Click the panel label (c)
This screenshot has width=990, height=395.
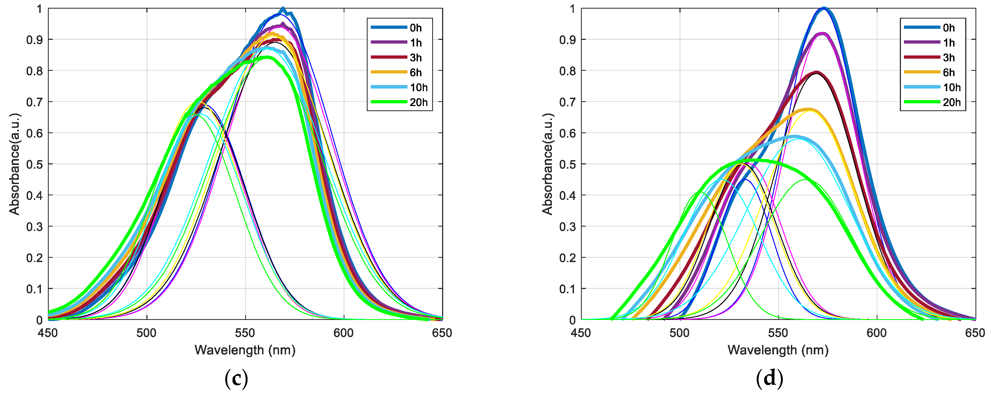[x=236, y=379]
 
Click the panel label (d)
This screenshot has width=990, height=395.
[x=769, y=379]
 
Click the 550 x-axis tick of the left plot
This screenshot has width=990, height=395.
[x=245, y=333]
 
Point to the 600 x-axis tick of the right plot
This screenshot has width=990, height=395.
[x=877, y=333]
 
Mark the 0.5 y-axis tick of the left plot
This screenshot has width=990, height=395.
[x=34, y=164]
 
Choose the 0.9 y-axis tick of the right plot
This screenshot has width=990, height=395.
[x=567, y=40]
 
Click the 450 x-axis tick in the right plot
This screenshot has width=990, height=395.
[x=581, y=333]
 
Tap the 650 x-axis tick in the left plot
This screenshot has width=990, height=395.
[x=442, y=333]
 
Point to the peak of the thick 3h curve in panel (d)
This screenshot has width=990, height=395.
[x=816, y=72]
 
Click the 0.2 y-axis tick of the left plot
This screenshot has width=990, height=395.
[x=34, y=258]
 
